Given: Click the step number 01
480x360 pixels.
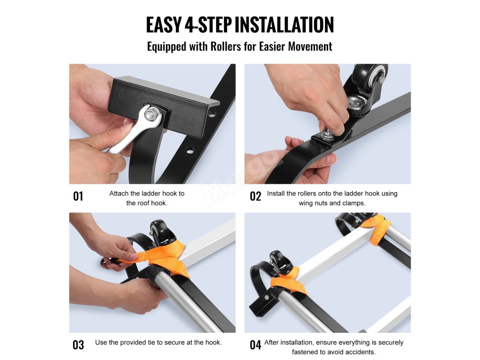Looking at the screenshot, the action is [78, 196].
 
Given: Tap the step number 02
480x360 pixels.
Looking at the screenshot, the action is [255, 196].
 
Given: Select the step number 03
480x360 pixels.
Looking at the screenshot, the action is [78, 345].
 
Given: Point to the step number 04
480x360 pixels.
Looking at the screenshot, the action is [255, 345].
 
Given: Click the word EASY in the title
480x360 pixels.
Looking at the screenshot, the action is [164, 25].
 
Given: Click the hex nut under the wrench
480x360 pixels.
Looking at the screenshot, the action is [150, 114].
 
